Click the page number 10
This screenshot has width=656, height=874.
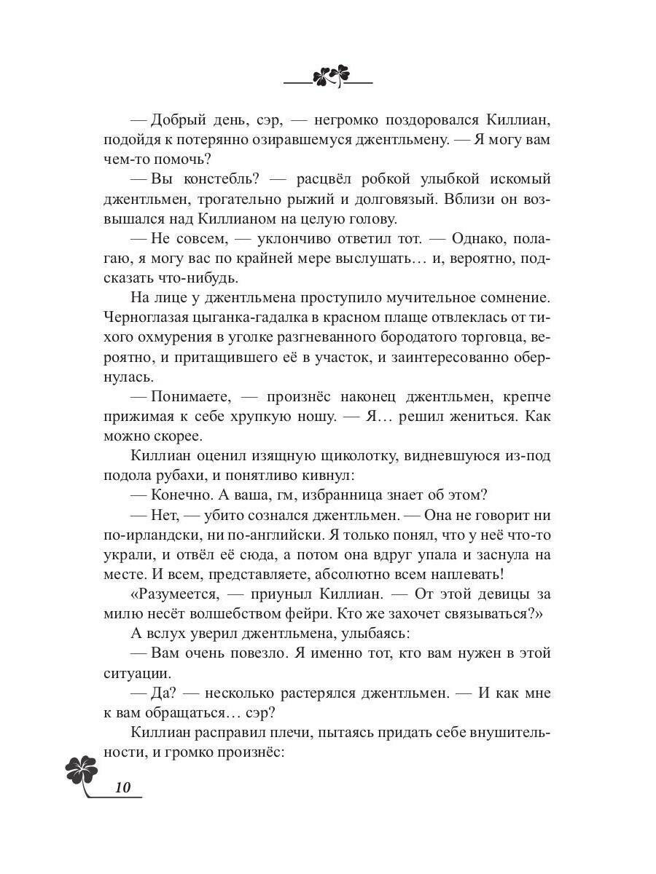click(x=122, y=787)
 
